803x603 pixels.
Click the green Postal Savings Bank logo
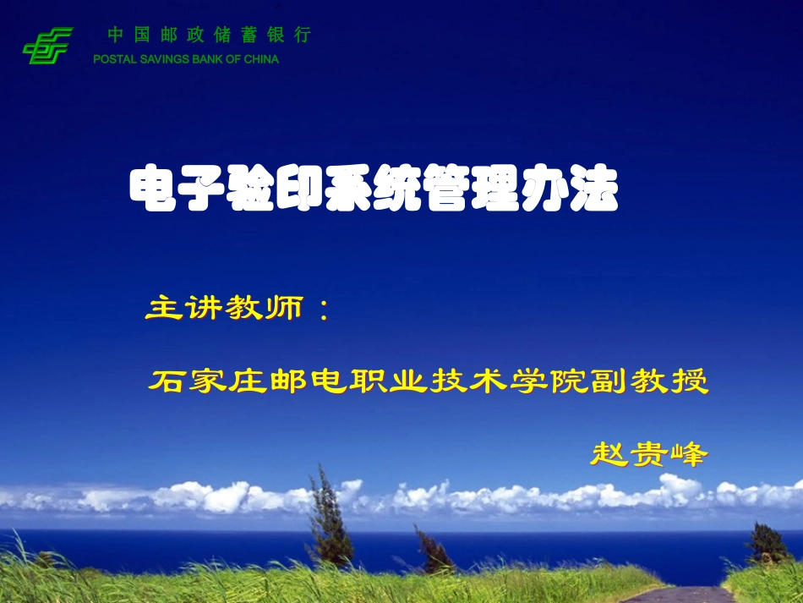(x=47, y=46)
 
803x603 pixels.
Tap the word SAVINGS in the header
(x=155, y=59)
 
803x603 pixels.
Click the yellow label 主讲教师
(x=224, y=309)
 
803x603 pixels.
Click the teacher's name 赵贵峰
(x=647, y=454)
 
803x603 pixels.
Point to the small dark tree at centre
(x=434, y=550)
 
